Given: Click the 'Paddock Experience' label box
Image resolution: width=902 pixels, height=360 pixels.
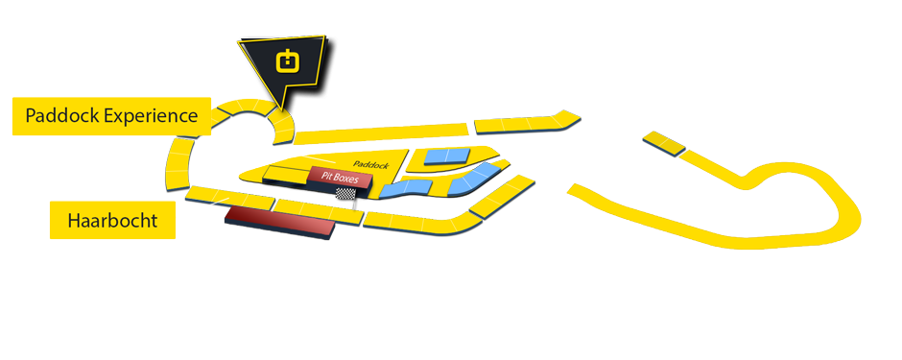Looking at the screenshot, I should point(110,116).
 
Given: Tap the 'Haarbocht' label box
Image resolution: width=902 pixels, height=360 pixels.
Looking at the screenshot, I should point(112,221).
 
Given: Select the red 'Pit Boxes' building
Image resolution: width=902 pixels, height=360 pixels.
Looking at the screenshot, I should point(340,179).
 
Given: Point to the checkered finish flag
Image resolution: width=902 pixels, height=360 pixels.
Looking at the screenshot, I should point(356,194).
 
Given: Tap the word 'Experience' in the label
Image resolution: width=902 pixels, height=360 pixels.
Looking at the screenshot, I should point(151,116).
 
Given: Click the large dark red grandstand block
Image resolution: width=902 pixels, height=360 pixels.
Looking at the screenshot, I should point(278,223).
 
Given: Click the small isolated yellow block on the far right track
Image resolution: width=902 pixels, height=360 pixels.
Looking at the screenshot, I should point(664,142).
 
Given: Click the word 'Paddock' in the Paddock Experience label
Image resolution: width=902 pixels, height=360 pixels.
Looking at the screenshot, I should point(61,116).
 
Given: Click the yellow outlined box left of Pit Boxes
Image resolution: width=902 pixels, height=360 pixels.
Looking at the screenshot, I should point(284,175).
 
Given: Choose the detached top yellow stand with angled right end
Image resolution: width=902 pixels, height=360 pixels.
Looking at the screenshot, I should point(527,122).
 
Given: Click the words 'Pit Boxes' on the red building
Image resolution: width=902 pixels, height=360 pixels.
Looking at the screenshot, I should point(340,177).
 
